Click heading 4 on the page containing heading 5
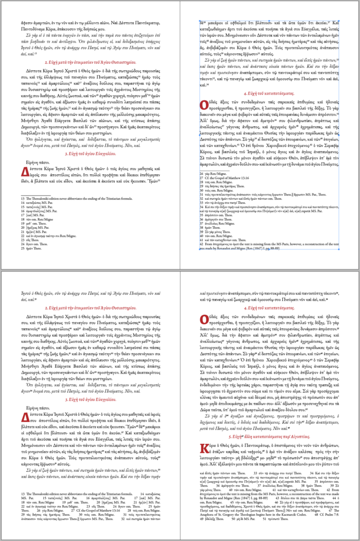coord(270,307)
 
